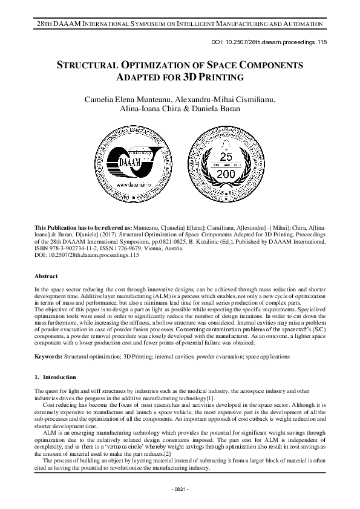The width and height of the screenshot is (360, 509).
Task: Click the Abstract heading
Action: [x=47, y=275]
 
